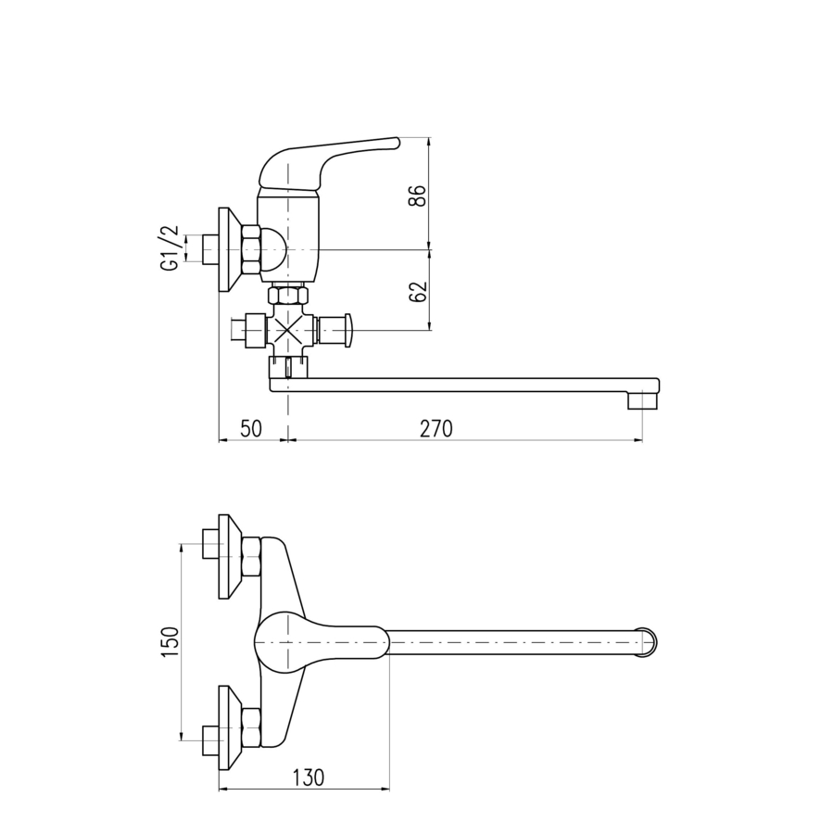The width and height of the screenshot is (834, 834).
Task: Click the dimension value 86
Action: [x=418, y=196]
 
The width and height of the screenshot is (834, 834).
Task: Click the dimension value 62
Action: [x=418, y=292]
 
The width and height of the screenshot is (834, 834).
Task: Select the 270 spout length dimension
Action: [x=436, y=429]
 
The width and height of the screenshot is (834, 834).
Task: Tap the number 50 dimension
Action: [x=251, y=429]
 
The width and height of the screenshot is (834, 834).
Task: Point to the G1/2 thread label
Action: [x=170, y=248]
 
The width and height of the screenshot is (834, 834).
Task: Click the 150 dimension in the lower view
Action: [x=171, y=642]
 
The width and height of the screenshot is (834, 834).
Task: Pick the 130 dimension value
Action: [x=309, y=777]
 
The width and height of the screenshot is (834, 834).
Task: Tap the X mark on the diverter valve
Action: [x=287, y=330]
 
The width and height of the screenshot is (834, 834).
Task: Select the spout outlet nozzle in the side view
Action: [x=643, y=400]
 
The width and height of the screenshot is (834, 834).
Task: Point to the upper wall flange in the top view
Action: [x=230, y=556]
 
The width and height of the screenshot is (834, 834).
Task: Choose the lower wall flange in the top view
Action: [x=230, y=727]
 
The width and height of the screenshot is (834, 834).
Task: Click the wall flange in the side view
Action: [x=230, y=249]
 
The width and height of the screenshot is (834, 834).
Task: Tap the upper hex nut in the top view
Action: [x=251, y=557]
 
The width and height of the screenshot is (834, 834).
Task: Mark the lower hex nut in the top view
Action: [x=251, y=728]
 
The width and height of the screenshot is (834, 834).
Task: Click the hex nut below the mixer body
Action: [x=287, y=295]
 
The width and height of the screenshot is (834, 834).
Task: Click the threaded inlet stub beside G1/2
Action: [x=210, y=249]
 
